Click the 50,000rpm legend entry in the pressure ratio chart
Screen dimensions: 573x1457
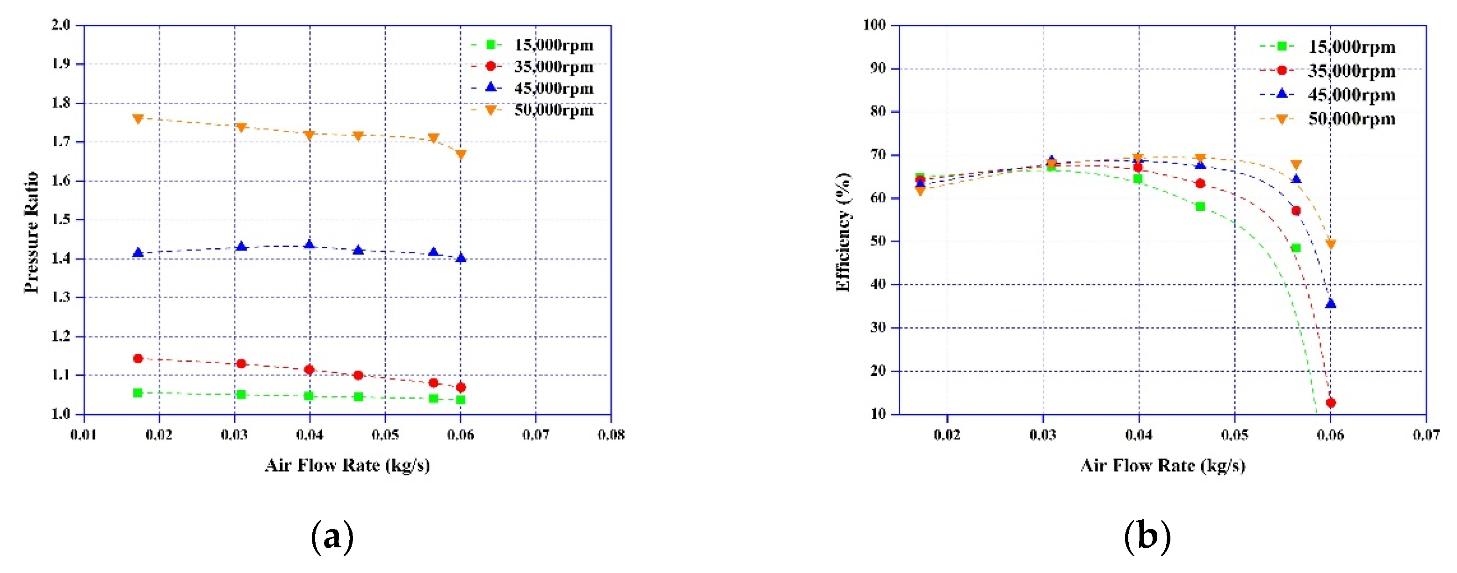point(553,110)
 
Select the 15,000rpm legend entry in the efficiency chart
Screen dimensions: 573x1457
point(1351,46)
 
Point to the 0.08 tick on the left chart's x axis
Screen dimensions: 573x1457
point(611,435)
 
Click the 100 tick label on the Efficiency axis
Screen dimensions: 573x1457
point(874,25)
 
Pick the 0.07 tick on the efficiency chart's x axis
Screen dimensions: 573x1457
point(1426,435)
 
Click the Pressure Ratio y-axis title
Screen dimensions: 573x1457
point(31,232)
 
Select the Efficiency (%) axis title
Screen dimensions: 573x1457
point(843,232)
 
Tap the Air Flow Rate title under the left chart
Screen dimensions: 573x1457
point(347,465)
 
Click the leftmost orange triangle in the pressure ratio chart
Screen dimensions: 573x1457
point(138,119)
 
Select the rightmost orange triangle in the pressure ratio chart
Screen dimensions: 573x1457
point(461,154)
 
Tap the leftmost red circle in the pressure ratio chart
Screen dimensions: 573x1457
point(138,358)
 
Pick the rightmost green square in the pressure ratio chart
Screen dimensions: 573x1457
point(461,400)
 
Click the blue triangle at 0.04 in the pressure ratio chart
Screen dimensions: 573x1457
point(310,245)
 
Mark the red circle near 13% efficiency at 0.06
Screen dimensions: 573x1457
point(1330,403)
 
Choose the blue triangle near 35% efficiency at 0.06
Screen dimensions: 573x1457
point(1330,303)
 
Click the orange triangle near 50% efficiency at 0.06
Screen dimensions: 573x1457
point(1330,244)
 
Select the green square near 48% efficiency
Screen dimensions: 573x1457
point(1296,248)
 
